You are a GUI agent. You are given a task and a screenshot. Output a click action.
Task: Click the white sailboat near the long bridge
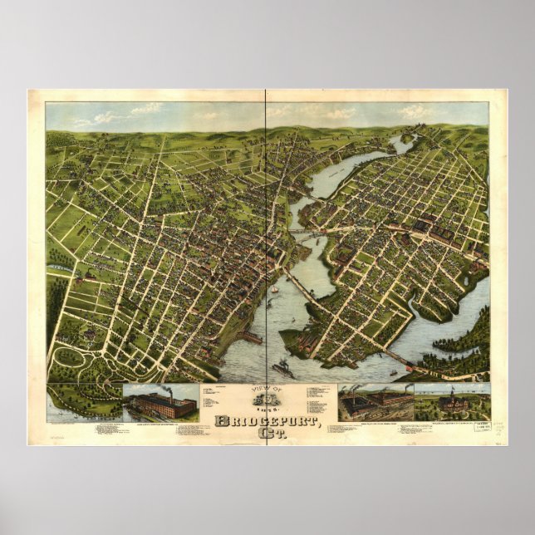click(x=274, y=291)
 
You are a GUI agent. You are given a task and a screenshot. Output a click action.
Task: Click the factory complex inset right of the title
click(x=373, y=404)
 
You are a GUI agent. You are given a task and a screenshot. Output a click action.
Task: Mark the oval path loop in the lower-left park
click(x=73, y=359)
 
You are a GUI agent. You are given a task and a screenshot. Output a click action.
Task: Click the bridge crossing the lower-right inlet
click(x=397, y=356)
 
